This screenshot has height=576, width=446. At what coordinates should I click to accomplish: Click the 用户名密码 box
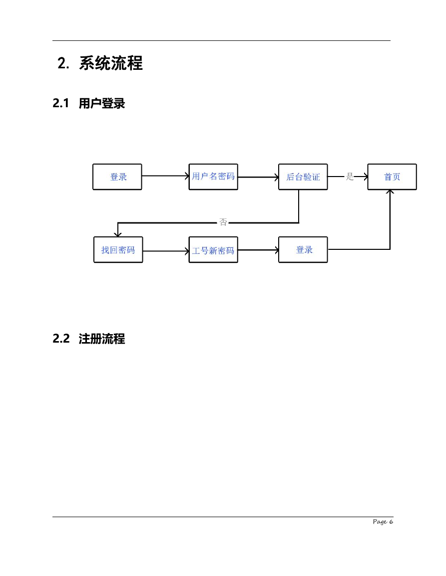tap(213, 177)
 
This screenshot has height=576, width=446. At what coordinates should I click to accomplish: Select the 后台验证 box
tap(303, 177)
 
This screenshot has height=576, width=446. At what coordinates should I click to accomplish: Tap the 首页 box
tap(392, 177)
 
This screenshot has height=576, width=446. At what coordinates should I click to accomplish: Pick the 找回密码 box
tap(118, 250)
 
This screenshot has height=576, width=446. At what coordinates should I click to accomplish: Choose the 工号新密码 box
tap(213, 250)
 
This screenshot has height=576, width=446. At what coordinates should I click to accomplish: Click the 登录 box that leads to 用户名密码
tap(117, 177)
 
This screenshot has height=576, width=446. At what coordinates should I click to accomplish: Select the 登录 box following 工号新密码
tap(303, 250)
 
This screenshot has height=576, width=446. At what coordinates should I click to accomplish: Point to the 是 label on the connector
tap(350, 177)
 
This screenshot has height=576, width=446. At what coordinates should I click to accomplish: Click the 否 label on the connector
tap(223, 222)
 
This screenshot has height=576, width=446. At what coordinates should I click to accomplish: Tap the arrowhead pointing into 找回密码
tap(118, 234)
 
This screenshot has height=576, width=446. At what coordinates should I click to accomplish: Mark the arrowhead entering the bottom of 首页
tap(390, 192)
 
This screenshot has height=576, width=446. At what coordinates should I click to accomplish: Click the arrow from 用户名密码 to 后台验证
tap(258, 177)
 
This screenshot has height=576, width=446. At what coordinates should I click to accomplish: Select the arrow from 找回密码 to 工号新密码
tap(166, 251)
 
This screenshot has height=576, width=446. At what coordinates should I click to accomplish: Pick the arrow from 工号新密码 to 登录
tap(258, 250)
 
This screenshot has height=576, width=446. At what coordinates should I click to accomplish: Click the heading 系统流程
tap(111, 63)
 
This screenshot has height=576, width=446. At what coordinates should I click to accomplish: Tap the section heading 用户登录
tap(102, 104)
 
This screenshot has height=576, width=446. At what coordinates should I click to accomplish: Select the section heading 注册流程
tap(102, 339)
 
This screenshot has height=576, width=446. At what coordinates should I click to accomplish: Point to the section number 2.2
tap(61, 339)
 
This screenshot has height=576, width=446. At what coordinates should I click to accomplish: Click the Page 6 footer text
tap(383, 522)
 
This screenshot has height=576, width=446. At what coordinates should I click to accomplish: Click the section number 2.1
tap(61, 104)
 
